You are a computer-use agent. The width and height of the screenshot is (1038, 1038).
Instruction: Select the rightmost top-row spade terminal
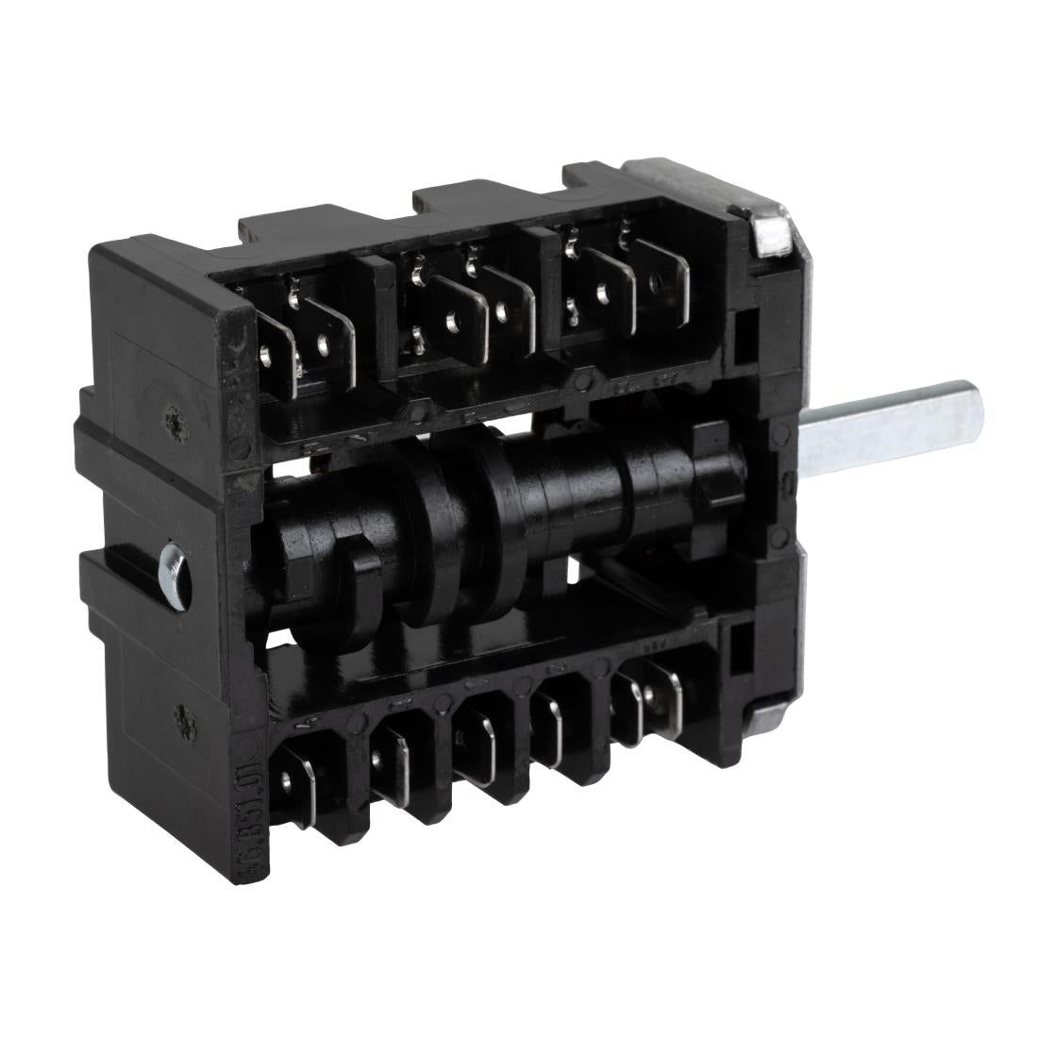[x=661, y=274]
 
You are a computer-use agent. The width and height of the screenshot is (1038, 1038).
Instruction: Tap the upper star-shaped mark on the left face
[x=172, y=416]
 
